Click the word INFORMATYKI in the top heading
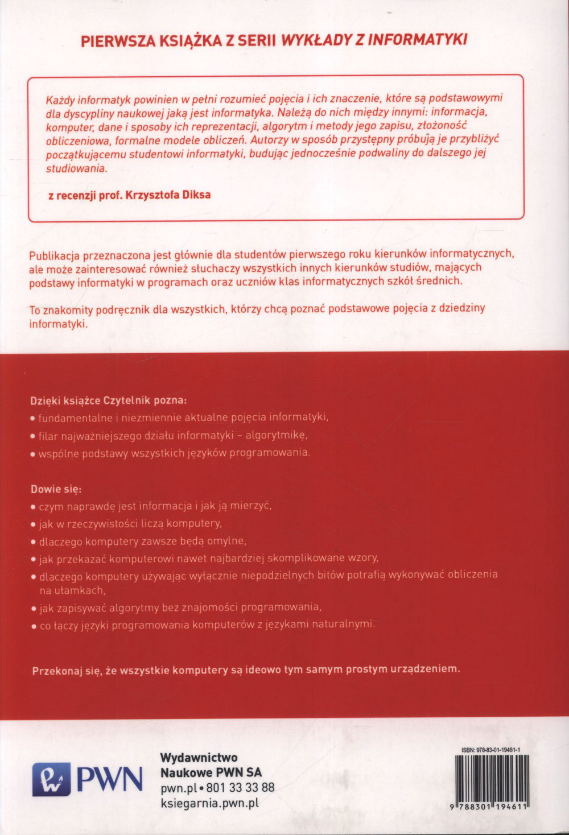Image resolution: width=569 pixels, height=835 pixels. [x=418, y=40]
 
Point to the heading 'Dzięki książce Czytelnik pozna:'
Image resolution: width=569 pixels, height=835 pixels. [x=108, y=400]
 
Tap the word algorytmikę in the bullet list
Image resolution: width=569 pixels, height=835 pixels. [x=276, y=435]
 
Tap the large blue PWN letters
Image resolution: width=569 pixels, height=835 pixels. [x=109, y=779]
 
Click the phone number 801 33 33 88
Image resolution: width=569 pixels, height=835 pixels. [x=240, y=788]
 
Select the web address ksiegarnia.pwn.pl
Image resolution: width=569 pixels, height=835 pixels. [x=209, y=803]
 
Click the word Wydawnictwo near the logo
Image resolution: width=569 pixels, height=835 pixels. [x=199, y=758]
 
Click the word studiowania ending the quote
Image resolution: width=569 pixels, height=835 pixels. [x=76, y=168]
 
